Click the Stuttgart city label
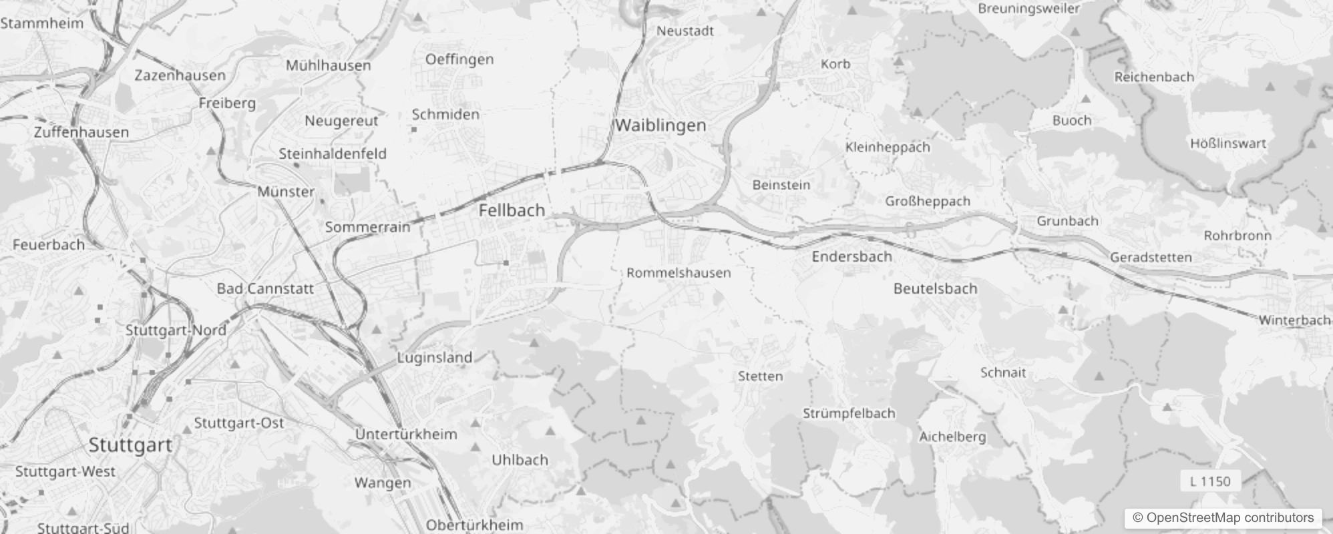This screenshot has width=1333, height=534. coord(130,445)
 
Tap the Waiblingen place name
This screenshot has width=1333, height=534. coord(660,125)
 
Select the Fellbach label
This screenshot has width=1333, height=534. coord(512,210)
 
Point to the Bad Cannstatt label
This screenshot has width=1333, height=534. coord(265,289)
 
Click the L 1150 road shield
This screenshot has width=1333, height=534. coord(1210,481)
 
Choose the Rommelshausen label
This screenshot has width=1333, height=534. coord(679,273)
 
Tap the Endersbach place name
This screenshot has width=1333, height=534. coord(851,257)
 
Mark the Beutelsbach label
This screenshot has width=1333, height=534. coord(935,289)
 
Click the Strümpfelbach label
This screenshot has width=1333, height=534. coord(848,413)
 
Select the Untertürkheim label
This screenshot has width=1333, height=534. coord(406,435)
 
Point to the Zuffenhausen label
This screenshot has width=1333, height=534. coord(81,132)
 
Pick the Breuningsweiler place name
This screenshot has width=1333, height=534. coord(1028,9)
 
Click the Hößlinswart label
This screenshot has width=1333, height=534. coord(1227,144)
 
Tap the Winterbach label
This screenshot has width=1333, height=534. coord(1294,320)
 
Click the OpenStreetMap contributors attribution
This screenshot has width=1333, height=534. coord(1223,518)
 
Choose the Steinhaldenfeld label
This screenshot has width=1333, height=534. coord(333,154)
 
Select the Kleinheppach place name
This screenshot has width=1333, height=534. coord(888,148)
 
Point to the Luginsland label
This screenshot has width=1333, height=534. coord(434,358)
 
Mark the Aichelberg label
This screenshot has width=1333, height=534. coord(952,437)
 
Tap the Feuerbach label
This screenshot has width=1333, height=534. coord(49,245)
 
